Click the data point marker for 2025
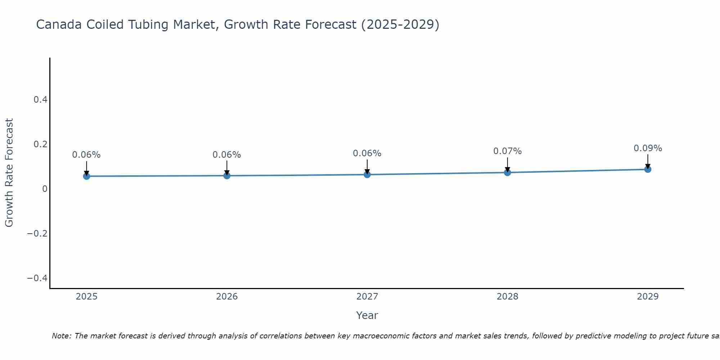click(86, 176)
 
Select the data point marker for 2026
click(227, 175)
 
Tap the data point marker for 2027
click(367, 175)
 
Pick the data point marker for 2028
click(507, 172)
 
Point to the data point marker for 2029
click(648, 169)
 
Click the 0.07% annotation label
click(507, 151)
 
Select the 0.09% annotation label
click(648, 148)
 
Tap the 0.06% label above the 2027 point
click(367, 153)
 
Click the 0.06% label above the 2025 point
click(86, 155)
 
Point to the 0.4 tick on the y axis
click(41, 100)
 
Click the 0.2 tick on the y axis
click(41, 144)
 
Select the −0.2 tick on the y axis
click(37, 234)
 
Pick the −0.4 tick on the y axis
click(37, 278)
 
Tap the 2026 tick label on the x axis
click(227, 297)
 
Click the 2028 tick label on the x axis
click(507, 297)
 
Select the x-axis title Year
click(367, 315)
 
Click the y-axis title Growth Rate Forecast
click(9, 172)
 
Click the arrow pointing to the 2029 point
click(648, 161)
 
